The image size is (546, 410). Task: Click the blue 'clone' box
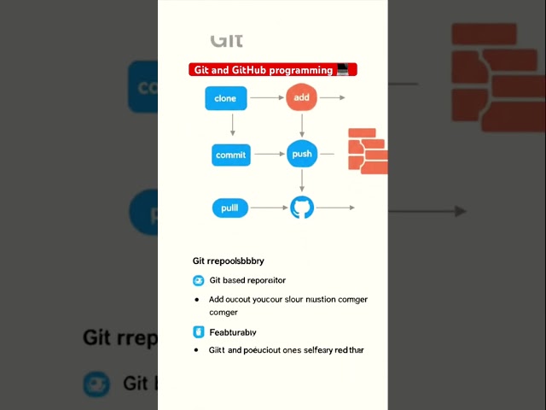point(225,98)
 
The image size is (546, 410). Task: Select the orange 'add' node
point(301,97)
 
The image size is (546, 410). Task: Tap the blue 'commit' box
point(231,155)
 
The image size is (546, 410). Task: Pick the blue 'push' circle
point(302,154)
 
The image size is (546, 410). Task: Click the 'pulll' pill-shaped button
point(229,208)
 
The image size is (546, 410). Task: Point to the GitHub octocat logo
point(302,208)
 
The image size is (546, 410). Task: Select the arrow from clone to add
point(266,97)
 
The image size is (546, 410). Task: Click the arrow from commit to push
point(270,155)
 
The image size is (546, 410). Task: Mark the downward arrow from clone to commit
point(232,126)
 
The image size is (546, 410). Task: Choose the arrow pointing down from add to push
point(302,126)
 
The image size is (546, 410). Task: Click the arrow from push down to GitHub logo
point(302,180)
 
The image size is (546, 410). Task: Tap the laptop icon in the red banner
point(343,70)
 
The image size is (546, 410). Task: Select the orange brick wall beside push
point(368,151)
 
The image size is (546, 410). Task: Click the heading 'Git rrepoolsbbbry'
point(228,261)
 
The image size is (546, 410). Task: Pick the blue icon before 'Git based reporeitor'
point(199,280)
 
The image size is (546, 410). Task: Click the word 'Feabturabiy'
point(233,331)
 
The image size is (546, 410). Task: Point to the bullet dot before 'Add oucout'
point(197,300)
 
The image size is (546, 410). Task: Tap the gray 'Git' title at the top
point(227,40)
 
